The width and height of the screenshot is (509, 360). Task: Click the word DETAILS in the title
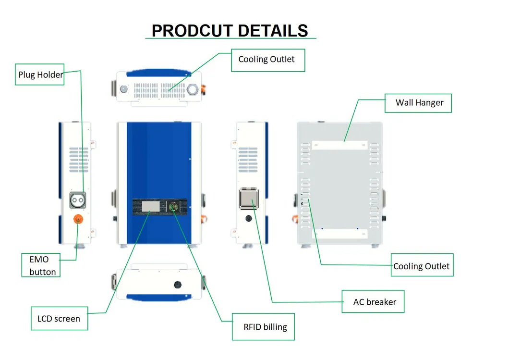tap(273, 31)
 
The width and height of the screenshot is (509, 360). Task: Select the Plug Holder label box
tap(39, 74)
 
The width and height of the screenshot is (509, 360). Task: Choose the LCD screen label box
tap(59, 318)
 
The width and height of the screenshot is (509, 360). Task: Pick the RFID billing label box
tap(263, 327)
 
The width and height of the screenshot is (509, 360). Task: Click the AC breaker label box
tap(373, 302)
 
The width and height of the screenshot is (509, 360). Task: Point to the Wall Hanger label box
tap(418, 102)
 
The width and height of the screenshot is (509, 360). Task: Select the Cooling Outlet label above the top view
tap(267, 60)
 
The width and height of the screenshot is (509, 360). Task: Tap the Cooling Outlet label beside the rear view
tap(422, 266)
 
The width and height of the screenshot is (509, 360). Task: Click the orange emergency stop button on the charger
tap(77, 219)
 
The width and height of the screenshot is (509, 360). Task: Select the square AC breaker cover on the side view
tap(249, 198)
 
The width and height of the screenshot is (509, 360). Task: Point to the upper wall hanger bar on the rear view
tap(339, 145)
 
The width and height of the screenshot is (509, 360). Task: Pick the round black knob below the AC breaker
tap(249, 218)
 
